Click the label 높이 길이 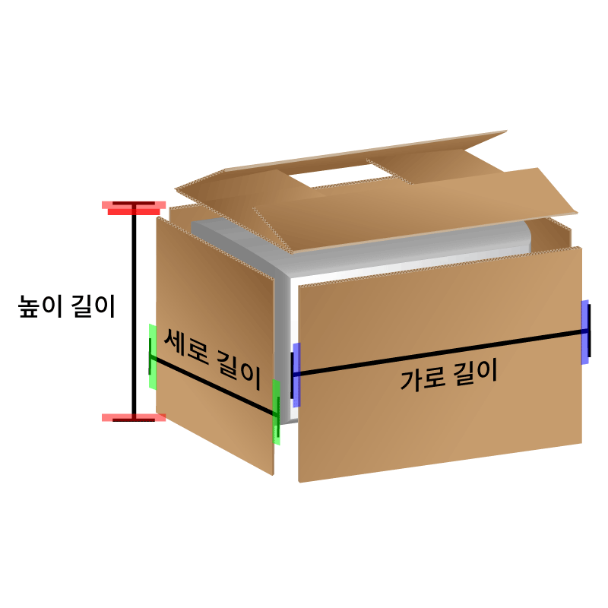click(x=67, y=307)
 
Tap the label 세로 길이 click(x=213, y=357)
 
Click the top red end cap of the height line click(x=135, y=206)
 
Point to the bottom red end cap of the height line click(x=135, y=417)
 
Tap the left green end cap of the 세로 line click(x=152, y=356)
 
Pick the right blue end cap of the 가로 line click(x=585, y=331)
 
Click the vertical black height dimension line click(x=135, y=312)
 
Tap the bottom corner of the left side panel click(x=272, y=474)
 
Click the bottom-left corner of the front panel click(x=299, y=480)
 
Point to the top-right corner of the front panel click(x=581, y=249)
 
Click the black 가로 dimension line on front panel click(x=441, y=352)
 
